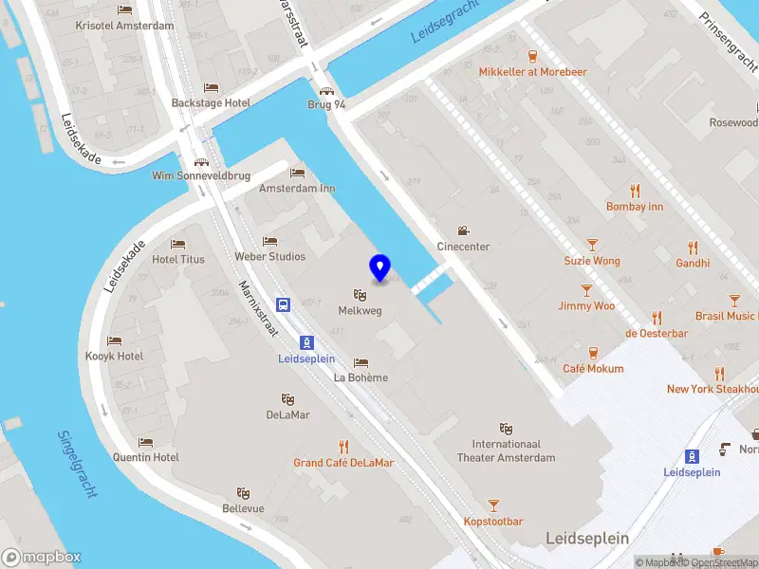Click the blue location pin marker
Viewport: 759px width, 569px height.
pos(380,268)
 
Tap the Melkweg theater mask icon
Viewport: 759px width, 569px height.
pos(360,295)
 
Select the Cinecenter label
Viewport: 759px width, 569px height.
pos(463,247)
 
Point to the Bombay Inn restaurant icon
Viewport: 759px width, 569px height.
pos(635,190)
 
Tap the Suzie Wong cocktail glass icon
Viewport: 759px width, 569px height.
pos(592,245)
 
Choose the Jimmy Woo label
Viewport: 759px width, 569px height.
pos(586,305)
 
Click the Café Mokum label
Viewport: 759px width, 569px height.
pos(593,368)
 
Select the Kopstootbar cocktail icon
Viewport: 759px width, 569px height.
pos(493,505)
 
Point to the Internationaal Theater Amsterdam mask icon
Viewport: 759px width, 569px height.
pos(507,429)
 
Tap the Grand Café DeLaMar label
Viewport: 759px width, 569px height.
pos(343,463)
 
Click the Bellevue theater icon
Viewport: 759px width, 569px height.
pos(244,493)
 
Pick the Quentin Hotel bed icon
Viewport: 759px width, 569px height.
pos(145,442)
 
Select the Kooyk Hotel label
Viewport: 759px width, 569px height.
pos(112,356)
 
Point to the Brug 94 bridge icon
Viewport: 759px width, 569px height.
pos(326,91)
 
